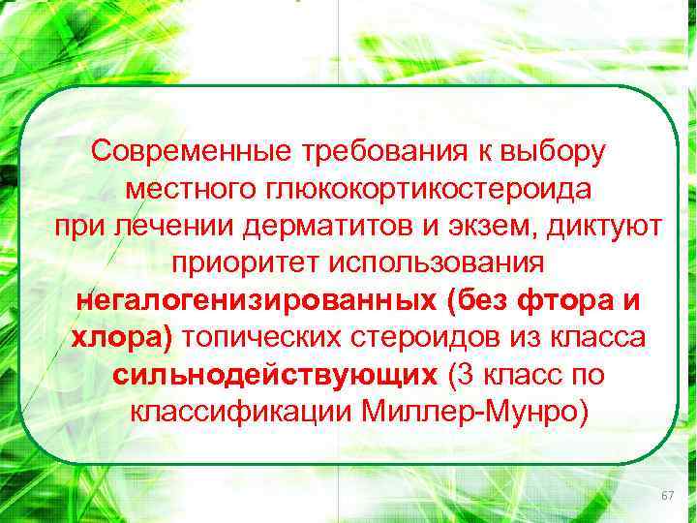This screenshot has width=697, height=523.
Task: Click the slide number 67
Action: pyautogui.click(x=667, y=496)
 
